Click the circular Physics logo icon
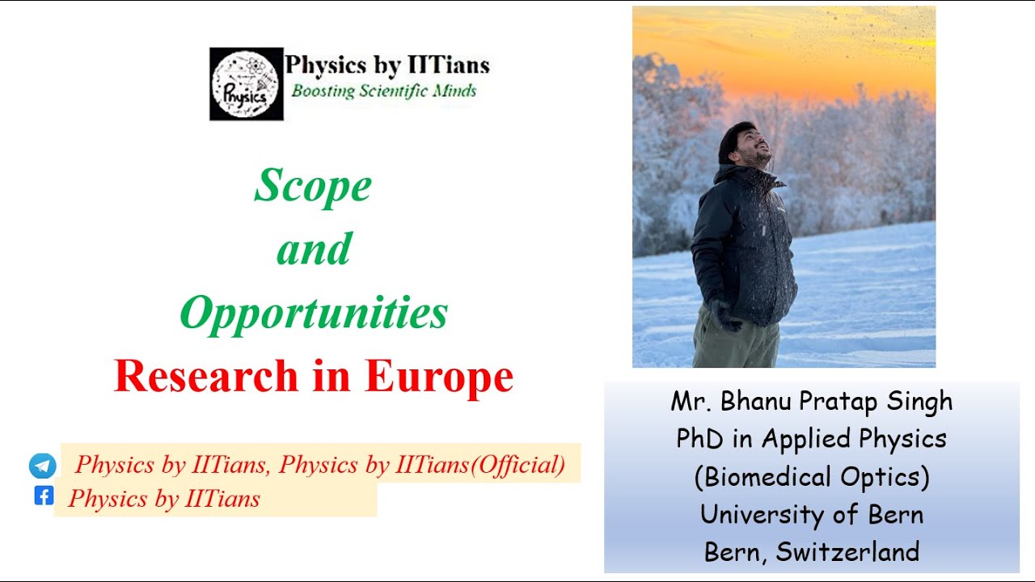tap(246, 84)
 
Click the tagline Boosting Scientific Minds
tap(383, 91)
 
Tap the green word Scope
tap(313, 186)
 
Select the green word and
tap(314, 249)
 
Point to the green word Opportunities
tap(313, 313)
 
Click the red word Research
tap(206, 376)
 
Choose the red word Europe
tap(439, 376)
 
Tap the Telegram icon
tap(43, 466)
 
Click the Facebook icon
tap(44, 496)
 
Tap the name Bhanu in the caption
tap(762, 401)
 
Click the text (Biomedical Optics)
tap(812, 477)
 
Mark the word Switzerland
tap(847, 552)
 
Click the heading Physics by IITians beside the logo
tap(387, 65)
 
